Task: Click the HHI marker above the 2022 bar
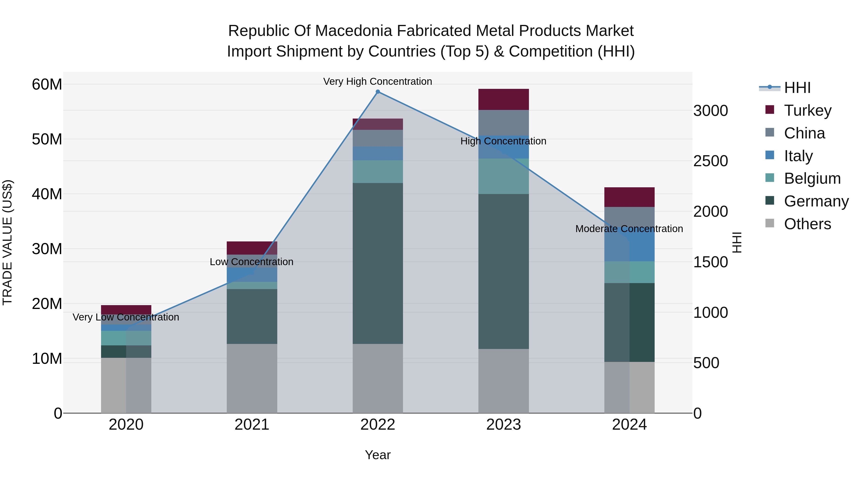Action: (x=378, y=92)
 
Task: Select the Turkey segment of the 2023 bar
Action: (x=503, y=99)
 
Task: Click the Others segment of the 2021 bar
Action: (x=252, y=378)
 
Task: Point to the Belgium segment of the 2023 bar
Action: (x=503, y=176)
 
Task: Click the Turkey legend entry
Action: (x=807, y=110)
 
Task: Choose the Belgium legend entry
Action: (x=812, y=178)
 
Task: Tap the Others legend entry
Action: (x=807, y=224)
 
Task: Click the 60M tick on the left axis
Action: (x=47, y=84)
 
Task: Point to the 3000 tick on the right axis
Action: (x=710, y=111)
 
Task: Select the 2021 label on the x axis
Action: (x=252, y=425)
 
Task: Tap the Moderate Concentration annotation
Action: (x=629, y=229)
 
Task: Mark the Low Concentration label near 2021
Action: (x=252, y=262)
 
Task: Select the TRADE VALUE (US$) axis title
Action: (x=7, y=242)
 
